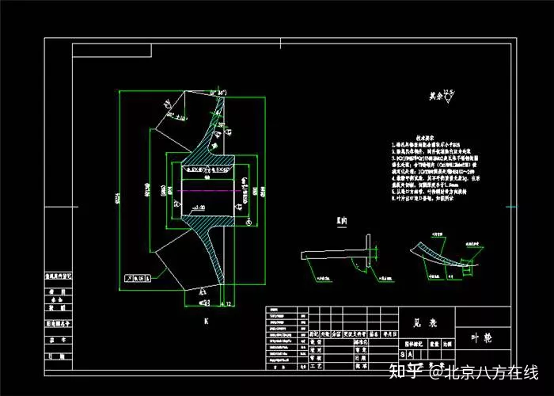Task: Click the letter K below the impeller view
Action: [x=206, y=322]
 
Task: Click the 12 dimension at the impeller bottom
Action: [x=226, y=303]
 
